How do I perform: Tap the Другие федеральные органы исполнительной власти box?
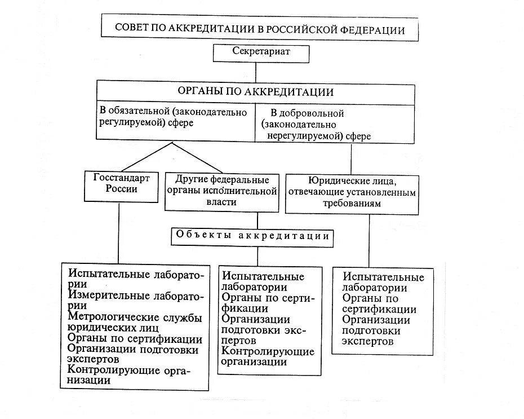coord(221,191)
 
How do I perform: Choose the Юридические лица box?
coord(352,192)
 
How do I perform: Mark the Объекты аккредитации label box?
coord(252,236)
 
